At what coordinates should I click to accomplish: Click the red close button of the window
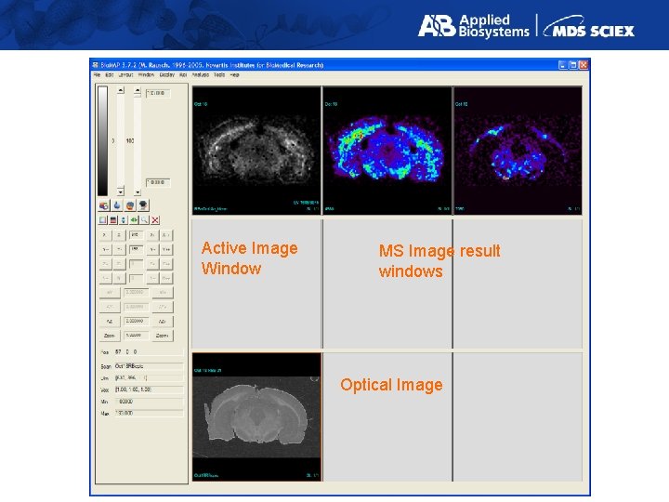point(583,64)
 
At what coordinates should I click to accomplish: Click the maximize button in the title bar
point(572,64)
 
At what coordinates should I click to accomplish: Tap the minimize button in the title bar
point(562,64)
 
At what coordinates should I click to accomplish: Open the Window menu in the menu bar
point(146,74)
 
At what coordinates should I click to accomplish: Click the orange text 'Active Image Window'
point(249,258)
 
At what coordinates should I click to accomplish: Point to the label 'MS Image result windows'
point(439,261)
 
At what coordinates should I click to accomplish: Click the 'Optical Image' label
point(391,385)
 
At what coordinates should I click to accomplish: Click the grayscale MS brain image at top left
point(256,151)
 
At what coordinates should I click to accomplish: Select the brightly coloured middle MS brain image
point(387,151)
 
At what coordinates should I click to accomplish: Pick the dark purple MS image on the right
point(518,151)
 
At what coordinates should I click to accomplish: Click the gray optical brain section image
point(256,416)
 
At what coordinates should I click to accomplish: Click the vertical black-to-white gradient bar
point(103,139)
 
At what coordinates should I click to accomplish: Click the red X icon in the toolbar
point(155,220)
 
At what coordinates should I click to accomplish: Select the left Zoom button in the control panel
point(109,335)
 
